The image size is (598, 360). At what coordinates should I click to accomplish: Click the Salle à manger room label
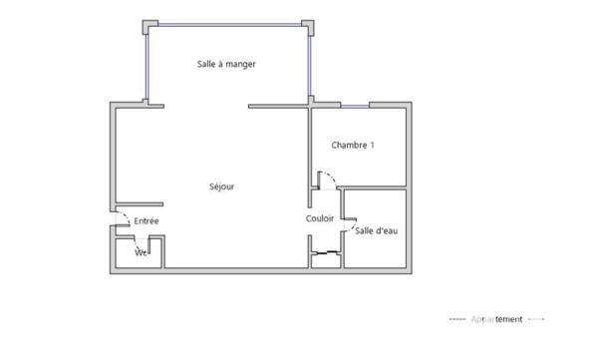click(x=226, y=64)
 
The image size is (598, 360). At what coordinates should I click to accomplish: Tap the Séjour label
click(x=221, y=186)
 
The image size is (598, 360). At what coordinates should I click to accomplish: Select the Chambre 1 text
click(x=352, y=146)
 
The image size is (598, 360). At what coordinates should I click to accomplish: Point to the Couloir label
click(x=320, y=218)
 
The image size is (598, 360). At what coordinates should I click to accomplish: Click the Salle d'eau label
click(x=377, y=232)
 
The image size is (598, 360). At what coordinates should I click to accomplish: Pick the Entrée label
click(x=147, y=220)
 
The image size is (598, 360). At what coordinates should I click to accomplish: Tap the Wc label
click(x=141, y=252)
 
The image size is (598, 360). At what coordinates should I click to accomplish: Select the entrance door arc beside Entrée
click(x=120, y=218)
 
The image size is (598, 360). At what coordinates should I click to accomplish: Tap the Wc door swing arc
click(x=155, y=245)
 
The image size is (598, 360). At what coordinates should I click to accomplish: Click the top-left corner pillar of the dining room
click(x=149, y=25)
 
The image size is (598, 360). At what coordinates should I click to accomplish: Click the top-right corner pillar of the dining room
click(x=310, y=25)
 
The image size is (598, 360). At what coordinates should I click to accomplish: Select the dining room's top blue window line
click(x=229, y=22)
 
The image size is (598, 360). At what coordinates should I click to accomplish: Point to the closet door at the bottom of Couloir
click(x=326, y=255)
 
